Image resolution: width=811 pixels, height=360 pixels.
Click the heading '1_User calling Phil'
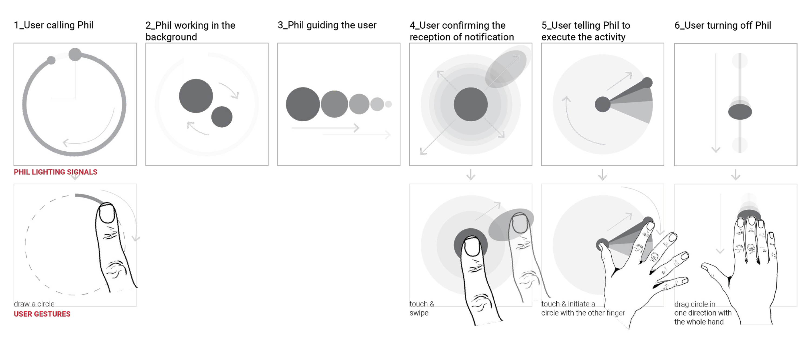[x=54, y=25]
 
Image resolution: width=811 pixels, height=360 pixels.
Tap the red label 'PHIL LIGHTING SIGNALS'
[x=55, y=172]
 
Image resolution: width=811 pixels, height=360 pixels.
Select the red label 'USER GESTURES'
[x=42, y=314]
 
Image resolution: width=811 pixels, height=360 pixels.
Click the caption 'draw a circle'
[x=34, y=304]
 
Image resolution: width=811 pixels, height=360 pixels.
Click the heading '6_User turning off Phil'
[x=723, y=25]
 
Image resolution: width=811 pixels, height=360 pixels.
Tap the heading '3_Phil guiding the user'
[x=327, y=25]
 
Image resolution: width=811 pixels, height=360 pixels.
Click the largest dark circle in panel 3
[x=303, y=104]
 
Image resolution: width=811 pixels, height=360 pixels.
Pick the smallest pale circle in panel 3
[x=388, y=104]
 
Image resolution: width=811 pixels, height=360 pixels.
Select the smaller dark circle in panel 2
[x=222, y=117]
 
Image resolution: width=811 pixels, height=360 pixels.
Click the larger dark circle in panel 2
[x=196, y=96]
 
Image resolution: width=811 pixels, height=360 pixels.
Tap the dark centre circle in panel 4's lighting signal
[x=471, y=104]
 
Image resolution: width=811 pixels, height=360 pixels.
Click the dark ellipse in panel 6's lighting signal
[x=740, y=112]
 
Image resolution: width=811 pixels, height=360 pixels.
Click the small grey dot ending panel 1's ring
[x=51, y=60]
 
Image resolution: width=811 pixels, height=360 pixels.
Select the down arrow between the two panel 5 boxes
[x=602, y=175]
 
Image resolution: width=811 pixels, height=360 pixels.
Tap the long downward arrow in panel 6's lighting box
[x=716, y=103]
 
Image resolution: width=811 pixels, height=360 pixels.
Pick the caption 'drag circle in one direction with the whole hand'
[x=703, y=313]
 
